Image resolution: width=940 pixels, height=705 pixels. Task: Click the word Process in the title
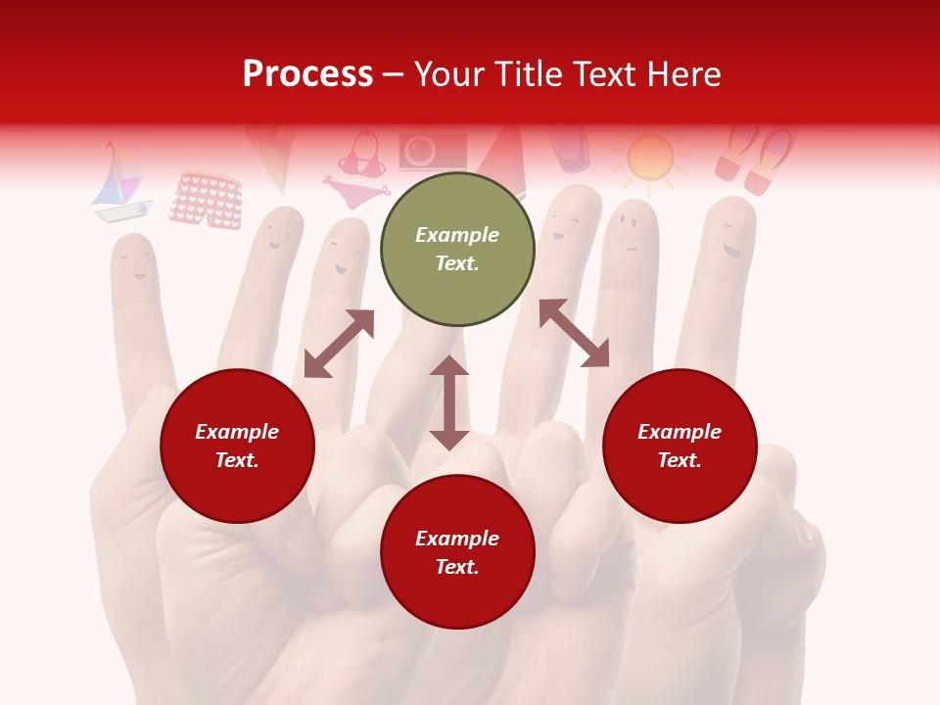coord(307,74)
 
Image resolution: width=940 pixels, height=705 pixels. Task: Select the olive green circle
coord(457,249)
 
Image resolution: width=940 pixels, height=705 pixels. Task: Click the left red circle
coord(237,446)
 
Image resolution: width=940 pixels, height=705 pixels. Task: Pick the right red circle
coord(680,446)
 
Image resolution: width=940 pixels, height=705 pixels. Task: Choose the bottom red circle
coord(457,551)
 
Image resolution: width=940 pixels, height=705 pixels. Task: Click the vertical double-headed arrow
coord(449,402)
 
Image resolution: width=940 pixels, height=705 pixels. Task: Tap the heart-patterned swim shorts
coord(206,200)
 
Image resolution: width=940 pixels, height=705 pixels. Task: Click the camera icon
coord(432,150)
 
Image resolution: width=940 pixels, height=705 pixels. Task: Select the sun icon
coord(650,157)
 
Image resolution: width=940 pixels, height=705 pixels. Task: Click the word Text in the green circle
coord(457,263)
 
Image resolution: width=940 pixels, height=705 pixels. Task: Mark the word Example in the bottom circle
coord(457,539)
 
